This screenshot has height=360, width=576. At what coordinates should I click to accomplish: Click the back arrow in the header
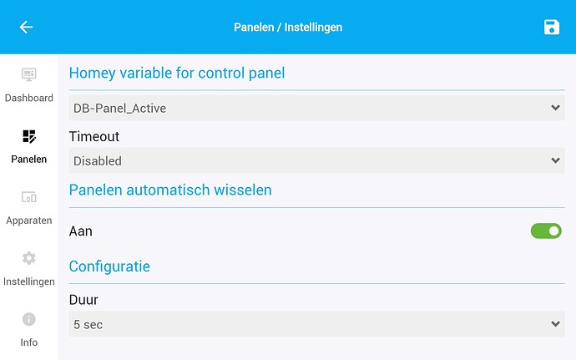coord(26,28)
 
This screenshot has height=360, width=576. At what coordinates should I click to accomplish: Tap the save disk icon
coord(551,28)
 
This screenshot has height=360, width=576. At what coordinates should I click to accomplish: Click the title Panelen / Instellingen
coord(288,28)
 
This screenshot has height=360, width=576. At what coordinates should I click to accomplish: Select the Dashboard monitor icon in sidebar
coord(28,75)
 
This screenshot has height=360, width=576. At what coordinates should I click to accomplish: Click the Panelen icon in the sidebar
coord(28,136)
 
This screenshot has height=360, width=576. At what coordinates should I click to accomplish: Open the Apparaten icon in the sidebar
coord(28,197)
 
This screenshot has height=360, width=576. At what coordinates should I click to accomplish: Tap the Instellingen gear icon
coord(28,258)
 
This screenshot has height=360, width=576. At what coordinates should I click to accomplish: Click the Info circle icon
coord(28,319)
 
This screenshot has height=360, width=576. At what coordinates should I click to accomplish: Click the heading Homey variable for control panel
coord(177,73)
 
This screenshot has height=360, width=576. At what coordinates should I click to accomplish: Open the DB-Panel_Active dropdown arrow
coord(556,108)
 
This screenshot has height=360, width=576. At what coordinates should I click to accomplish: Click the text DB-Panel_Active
coord(114,108)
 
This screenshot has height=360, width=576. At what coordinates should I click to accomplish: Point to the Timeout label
coord(94,136)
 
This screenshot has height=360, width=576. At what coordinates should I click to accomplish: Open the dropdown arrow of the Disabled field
coord(556,160)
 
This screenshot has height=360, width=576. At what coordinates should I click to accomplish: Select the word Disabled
coord(98,160)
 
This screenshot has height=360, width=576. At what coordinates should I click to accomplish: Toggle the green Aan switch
coord(546,231)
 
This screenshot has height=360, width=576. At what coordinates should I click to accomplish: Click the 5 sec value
coord(88,324)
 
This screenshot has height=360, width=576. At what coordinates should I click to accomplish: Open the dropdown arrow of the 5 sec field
coord(556,324)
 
